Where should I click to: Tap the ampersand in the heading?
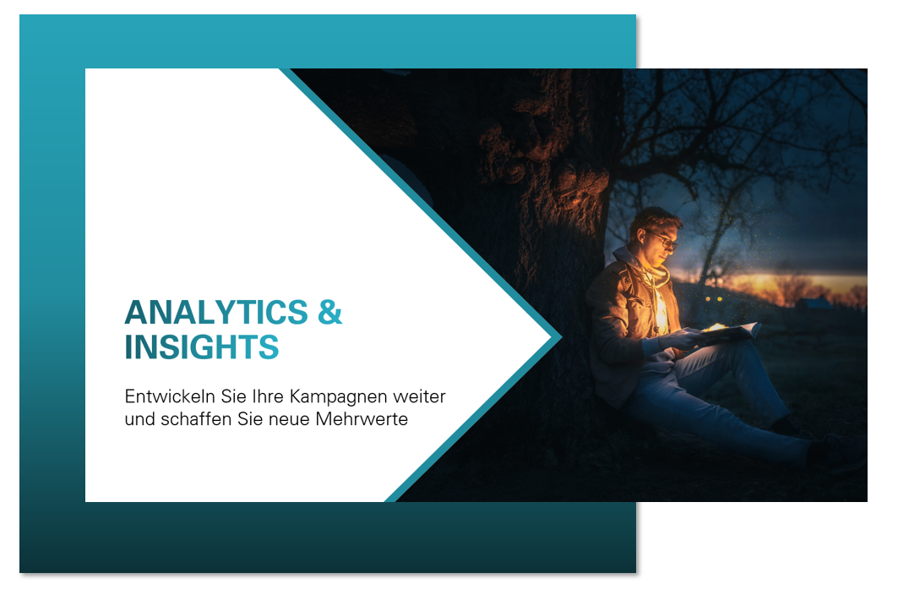pyautogui.click(x=329, y=313)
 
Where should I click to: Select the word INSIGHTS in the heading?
pyautogui.click(x=202, y=347)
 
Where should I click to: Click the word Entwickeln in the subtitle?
pyautogui.click(x=170, y=396)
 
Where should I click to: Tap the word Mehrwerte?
pyautogui.click(x=362, y=419)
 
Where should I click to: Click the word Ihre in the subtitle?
pyautogui.click(x=268, y=396)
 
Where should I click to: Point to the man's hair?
pyautogui.click(x=655, y=220)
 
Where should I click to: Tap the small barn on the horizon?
pyautogui.click(x=814, y=303)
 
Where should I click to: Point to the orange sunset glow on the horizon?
pyautogui.click(x=796, y=284)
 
